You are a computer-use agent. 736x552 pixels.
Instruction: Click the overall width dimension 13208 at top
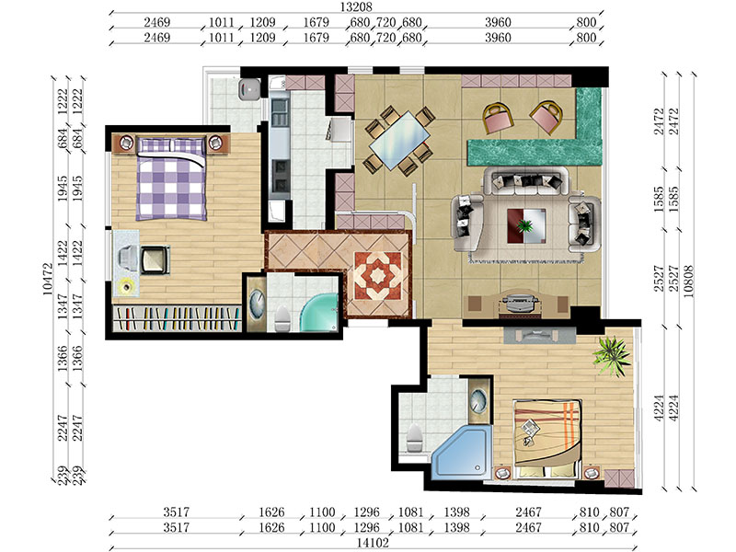pos(356,6)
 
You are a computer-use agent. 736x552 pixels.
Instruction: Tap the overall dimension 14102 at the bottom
pos(373,543)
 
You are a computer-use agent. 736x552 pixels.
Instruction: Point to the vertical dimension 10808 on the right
pos(688,282)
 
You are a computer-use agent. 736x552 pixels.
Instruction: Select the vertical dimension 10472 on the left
pos(48,279)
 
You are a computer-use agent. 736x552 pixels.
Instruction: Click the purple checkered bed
pos(171,178)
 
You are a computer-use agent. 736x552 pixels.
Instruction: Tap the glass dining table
pos(399,141)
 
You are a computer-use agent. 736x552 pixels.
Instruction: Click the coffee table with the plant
pos(526,225)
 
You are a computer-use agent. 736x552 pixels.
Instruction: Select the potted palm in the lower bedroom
pos(612,355)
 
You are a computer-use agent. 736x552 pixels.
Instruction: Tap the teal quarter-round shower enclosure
pos(320,313)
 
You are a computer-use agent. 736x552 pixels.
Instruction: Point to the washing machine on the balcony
pos(249,89)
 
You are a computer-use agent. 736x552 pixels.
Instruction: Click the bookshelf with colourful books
pos(178,318)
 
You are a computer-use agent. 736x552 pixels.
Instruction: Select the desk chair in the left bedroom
pos(155,259)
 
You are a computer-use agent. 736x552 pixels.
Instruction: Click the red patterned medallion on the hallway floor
pos(378,276)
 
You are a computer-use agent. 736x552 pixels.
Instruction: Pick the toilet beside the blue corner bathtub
pos(414,438)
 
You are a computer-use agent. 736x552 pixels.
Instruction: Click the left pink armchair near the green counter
pos(498,118)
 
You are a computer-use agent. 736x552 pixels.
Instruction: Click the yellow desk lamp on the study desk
pos(125,286)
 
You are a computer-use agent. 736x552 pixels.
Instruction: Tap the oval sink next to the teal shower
pos(257,302)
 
